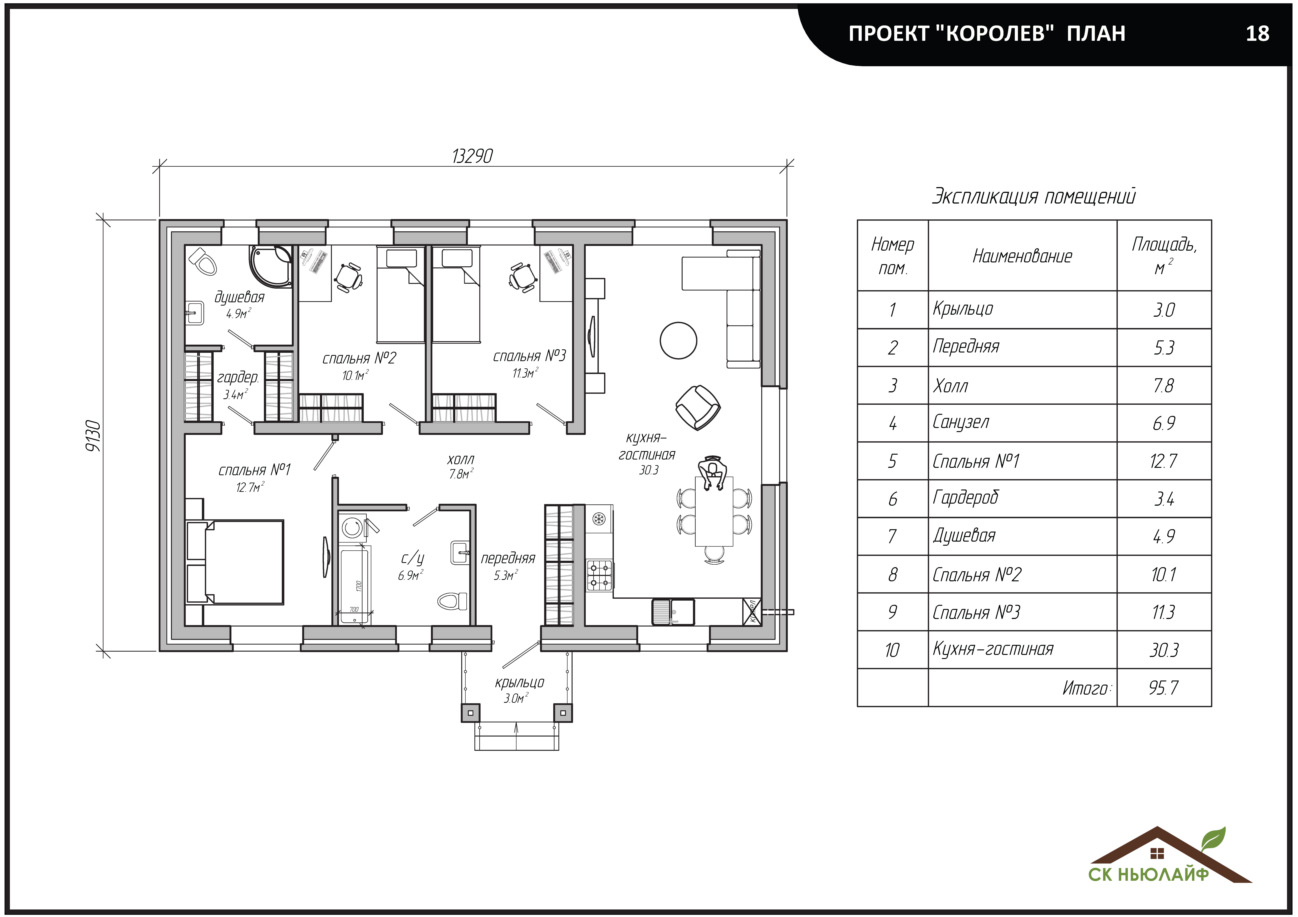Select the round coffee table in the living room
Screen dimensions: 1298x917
click(x=678, y=341)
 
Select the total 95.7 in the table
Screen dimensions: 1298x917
click(x=1163, y=688)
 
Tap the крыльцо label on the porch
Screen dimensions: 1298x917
click(x=519, y=683)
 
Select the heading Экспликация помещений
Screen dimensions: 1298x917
click(x=1033, y=196)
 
